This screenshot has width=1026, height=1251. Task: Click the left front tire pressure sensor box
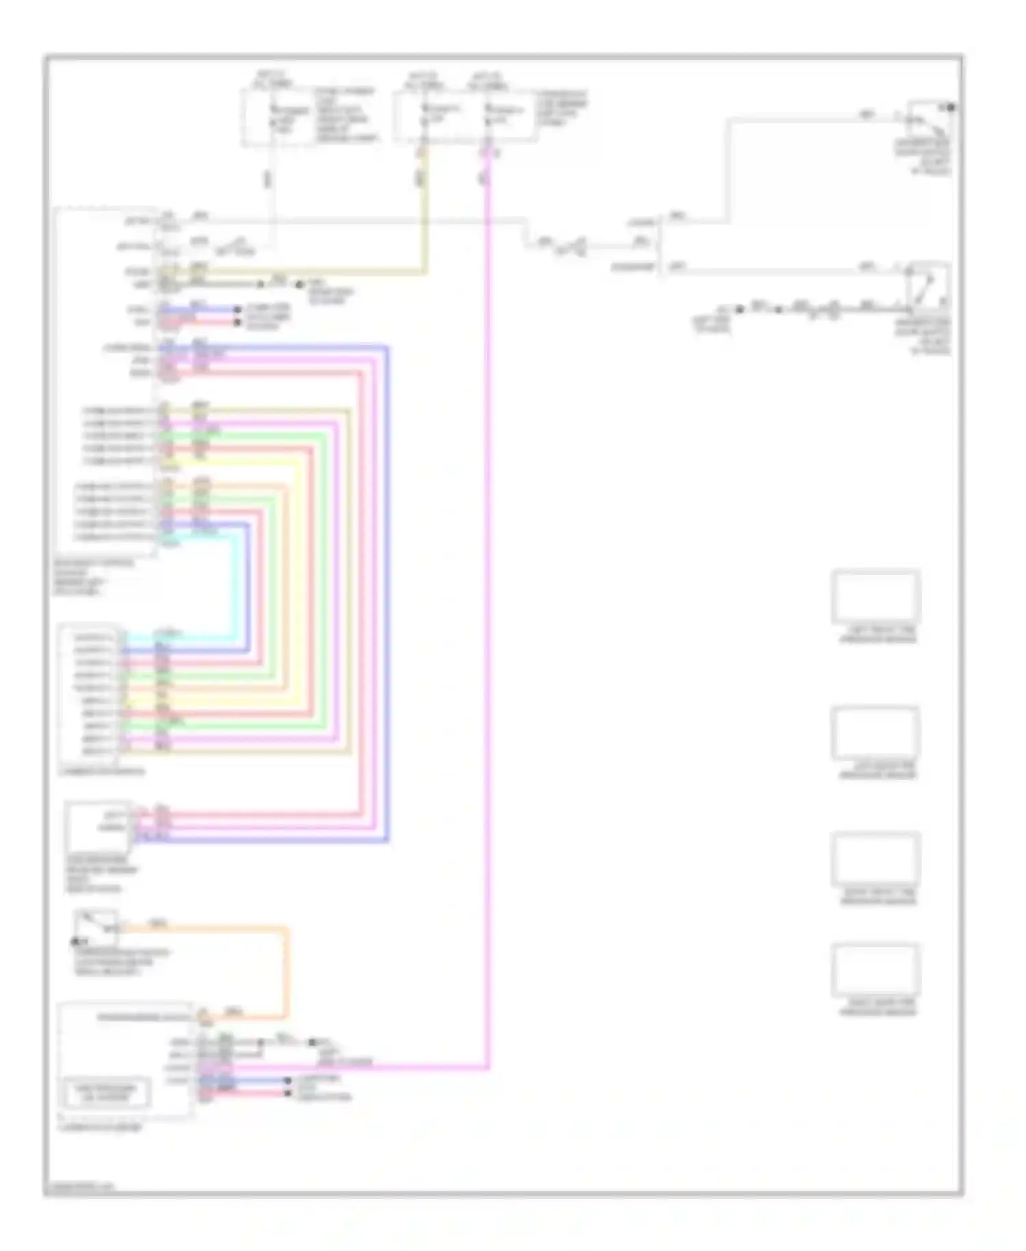pyautogui.click(x=876, y=596)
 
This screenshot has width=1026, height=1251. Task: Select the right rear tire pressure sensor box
pyautogui.click(x=876, y=970)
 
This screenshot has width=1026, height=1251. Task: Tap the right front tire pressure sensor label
pyautogui.click(x=878, y=897)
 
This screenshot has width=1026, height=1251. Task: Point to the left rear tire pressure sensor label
pyautogui.click(x=878, y=771)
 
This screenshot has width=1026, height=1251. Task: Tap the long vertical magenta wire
pyautogui.click(x=488, y=616)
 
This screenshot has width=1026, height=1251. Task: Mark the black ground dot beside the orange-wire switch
pyautogui.click(x=75, y=942)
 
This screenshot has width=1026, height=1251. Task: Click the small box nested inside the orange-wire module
pyautogui.click(x=105, y=1092)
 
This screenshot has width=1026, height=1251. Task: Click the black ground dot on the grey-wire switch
pyautogui.click(x=951, y=107)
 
